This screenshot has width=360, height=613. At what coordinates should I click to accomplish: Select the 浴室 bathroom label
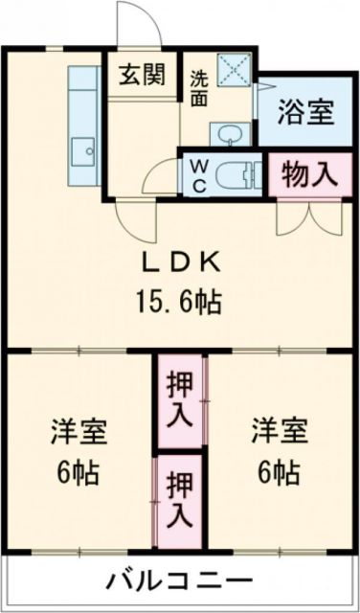[x=305, y=112]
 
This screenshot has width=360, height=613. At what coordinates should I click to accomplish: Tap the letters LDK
[x=185, y=261]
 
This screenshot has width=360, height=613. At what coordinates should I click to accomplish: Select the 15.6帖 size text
[x=185, y=304]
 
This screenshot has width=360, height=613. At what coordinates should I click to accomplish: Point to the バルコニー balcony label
[x=180, y=581]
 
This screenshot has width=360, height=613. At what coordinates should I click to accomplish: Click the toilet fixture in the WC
[x=236, y=174]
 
